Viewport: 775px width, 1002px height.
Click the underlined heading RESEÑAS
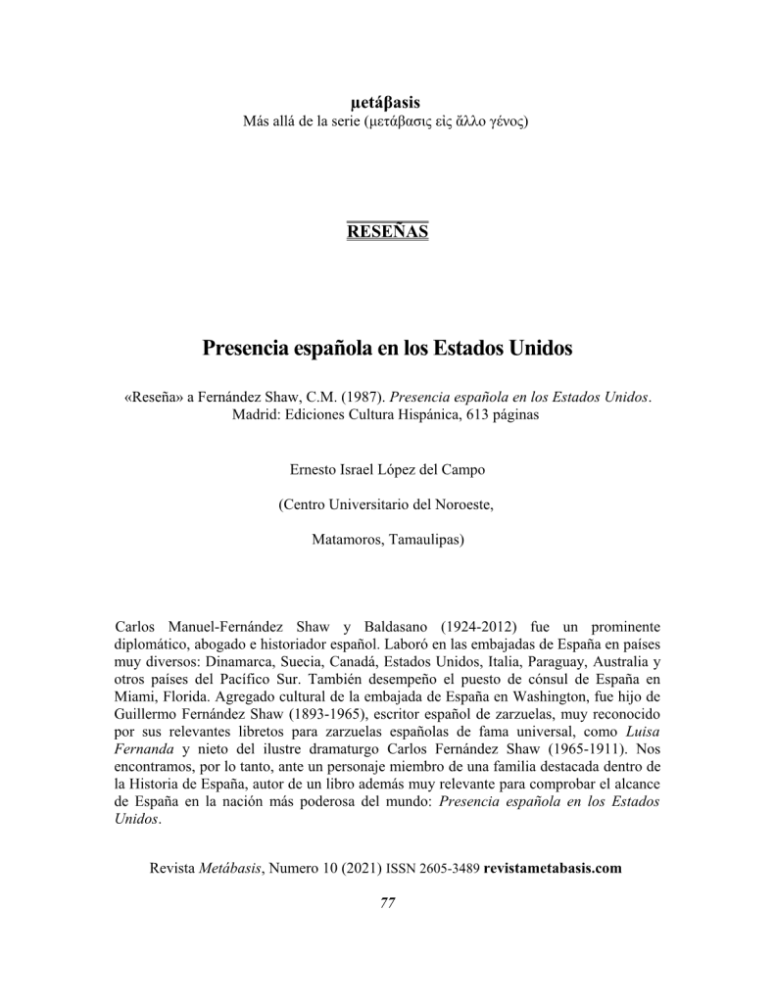click(387, 231)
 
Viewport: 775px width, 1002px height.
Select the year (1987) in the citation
click(362, 398)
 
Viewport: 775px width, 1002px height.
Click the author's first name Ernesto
click(315, 469)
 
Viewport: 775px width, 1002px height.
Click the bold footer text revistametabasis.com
click(553, 868)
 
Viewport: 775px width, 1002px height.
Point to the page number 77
click(387, 903)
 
